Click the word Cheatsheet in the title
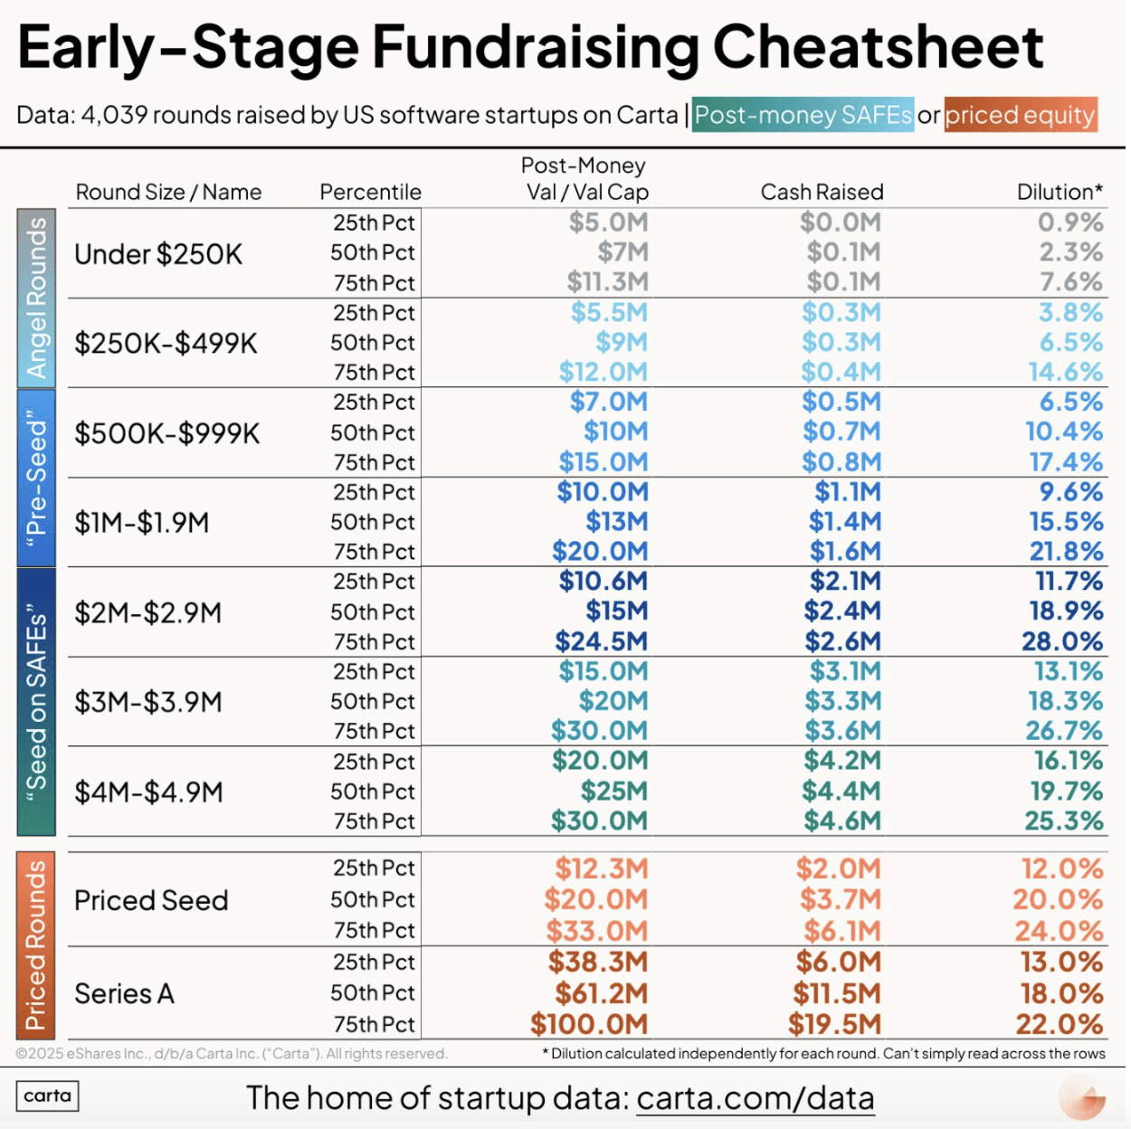[878, 47]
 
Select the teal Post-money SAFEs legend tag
[803, 116]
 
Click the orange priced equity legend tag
[1021, 116]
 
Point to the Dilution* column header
[1060, 192]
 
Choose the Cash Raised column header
[822, 192]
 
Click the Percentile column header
[370, 192]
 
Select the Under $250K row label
[158, 254]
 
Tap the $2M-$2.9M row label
[147, 612]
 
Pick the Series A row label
[124, 993]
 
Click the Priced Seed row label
[151, 900]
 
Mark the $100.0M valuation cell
[589, 1024]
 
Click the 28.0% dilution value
[1062, 641]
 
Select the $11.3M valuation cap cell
[607, 282]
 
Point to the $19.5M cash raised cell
[833, 1024]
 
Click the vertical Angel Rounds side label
[36, 299]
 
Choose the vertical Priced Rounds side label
[36, 945]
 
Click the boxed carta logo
[47, 1096]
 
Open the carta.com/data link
[756, 1098]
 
